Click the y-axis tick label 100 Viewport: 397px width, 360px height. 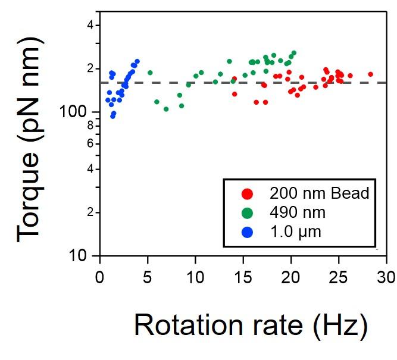pyautogui.click(x=77, y=112)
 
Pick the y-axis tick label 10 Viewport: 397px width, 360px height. pyautogui.click(x=83, y=256)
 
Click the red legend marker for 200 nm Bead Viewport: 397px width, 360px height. pyautogui.click(x=248, y=194)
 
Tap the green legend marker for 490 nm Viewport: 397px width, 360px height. pyautogui.click(x=248, y=212)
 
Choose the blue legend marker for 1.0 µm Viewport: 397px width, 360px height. pyautogui.click(x=248, y=231)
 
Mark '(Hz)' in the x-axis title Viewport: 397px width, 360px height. pyautogui.click(x=343, y=325)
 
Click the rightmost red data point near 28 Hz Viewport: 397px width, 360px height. pyautogui.click(x=370, y=74)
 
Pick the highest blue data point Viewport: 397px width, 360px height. pyautogui.click(x=137, y=61)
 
